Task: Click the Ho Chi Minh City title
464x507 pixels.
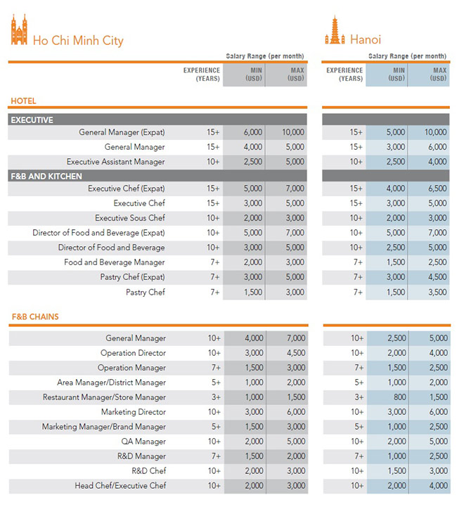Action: pyautogui.click(x=78, y=40)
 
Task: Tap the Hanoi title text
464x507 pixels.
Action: pyautogui.click(x=365, y=40)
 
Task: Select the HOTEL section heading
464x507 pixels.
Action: pyautogui.click(x=23, y=101)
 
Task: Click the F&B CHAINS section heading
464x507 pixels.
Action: pyautogui.click(x=35, y=316)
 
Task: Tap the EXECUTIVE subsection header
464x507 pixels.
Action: pyautogui.click(x=32, y=120)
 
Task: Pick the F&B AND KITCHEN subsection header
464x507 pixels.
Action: pyautogui.click(x=46, y=177)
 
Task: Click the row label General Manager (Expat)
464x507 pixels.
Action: pyautogui.click(x=122, y=132)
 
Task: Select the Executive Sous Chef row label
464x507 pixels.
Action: pyautogui.click(x=130, y=218)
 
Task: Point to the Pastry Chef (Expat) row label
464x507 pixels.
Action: pyautogui.click(x=132, y=277)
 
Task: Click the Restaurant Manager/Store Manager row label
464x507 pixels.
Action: pyautogui.click(x=104, y=397)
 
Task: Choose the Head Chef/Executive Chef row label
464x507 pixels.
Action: pyautogui.click(x=120, y=486)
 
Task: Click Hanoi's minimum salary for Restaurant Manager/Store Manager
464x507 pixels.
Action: pyautogui.click(x=399, y=397)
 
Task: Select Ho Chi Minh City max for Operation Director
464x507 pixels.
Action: pyautogui.click(x=295, y=353)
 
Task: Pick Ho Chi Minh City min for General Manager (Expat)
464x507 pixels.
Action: pyautogui.click(x=253, y=132)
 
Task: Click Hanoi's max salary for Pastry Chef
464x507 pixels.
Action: pyautogui.click(x=437, y=292)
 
